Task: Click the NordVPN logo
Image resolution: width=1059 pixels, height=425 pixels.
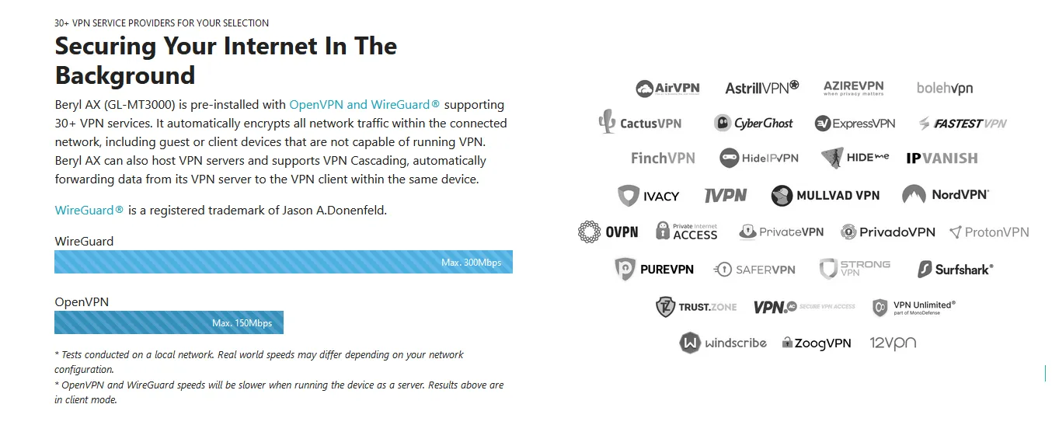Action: point(946,195)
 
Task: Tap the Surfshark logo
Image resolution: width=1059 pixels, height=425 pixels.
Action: point(955,270)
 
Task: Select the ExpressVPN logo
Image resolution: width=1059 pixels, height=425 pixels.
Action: point(855,124)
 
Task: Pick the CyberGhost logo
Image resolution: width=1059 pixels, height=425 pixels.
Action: point(754,124)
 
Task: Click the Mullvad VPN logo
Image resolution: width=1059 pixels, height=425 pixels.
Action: point(825,196)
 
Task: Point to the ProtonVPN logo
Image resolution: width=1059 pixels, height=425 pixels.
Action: point(989,232)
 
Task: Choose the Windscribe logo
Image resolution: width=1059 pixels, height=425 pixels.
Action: point(723,343)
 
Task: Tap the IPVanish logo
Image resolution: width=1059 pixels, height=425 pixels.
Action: point(942,159)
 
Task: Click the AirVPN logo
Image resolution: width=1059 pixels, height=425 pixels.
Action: point(667,88)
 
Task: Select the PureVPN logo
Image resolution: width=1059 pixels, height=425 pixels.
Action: point(654,270)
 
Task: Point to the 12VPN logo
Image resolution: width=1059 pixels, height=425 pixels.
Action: point(893,343)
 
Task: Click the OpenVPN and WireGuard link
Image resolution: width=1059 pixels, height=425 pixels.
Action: point(364,105)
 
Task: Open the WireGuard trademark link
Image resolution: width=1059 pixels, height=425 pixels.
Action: point(89,211)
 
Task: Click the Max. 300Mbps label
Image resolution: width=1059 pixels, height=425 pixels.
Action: point(471,263)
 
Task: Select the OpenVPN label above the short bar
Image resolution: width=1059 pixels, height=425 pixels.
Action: point(82,302)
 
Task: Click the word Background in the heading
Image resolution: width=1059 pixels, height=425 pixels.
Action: point(124,75)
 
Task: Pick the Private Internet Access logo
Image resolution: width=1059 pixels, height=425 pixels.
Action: point(686,232)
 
